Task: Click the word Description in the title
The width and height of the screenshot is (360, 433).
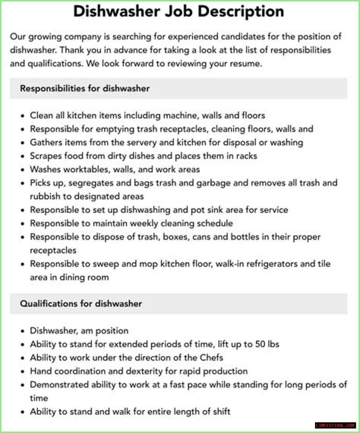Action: coord(241,12)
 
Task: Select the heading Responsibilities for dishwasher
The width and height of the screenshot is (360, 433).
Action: coord(85,88)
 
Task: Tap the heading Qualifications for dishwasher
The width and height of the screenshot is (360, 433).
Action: coord(81,304)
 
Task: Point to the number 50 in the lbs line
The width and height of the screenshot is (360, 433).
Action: coord(260,344)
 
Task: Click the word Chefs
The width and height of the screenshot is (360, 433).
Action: coord(211,358)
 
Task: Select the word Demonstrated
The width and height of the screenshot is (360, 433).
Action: coord(59,385)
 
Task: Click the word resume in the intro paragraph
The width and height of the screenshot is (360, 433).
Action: coord(245,64)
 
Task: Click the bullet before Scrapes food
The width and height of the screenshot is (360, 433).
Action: coord(22,156)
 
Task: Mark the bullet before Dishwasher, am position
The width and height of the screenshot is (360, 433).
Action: coord(22,331)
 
